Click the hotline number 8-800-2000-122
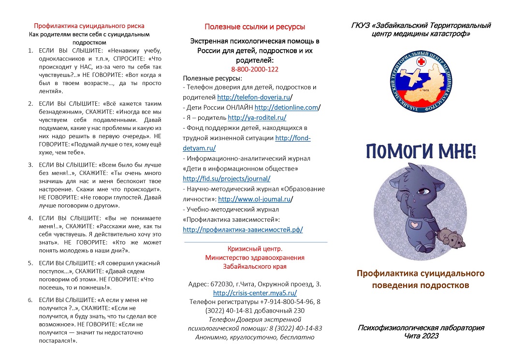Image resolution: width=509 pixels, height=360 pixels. tap(255, 69)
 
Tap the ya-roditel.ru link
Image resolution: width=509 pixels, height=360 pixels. tap(257, 117)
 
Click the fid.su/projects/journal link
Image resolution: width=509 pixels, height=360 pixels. tap(223, 178)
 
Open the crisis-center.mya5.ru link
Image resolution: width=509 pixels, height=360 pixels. tap(255, 293)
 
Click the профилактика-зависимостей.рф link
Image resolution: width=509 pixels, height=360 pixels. tap(243, 230)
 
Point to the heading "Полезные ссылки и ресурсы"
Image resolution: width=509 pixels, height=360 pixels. tap(255, 27)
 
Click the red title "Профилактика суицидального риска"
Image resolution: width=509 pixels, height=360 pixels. tap(89, 26)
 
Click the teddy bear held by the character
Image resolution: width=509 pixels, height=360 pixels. tap(449, 238)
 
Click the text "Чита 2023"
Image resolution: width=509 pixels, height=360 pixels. tap(421, 336)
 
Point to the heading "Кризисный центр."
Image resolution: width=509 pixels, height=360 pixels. tap(255, 248)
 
